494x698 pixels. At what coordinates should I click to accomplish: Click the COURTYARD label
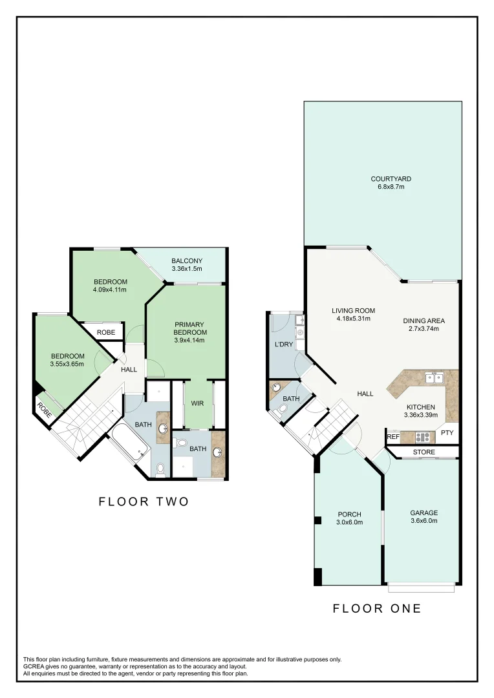pos(391,179)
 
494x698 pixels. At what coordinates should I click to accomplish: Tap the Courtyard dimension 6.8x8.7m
pos(391,187)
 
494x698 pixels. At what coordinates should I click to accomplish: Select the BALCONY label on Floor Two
pos(187,261)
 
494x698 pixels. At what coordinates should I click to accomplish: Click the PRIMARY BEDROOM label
pos(190,328)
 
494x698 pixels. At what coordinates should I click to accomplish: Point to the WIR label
pos(197,403)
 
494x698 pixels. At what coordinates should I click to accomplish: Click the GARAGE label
pos(424,513)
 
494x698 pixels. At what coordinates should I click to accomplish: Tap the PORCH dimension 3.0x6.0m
pos(350,522)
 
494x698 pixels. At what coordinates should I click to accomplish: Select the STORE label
pos(424,452)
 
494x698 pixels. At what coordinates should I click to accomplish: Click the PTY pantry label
pos(447,432)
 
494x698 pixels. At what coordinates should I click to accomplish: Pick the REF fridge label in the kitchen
pos(393,437)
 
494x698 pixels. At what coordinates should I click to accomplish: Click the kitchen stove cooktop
pos(422,437)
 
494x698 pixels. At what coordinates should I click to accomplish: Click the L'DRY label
pos(284,344)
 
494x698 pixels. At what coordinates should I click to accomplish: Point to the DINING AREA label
pos(424,321)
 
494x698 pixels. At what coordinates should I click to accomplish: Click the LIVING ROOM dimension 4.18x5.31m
pos(354,319)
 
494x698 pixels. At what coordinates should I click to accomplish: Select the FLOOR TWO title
pos(144,502)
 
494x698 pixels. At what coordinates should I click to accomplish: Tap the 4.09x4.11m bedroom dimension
pos(109,290)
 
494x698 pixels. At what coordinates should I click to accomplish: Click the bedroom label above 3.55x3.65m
pos(68,356)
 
